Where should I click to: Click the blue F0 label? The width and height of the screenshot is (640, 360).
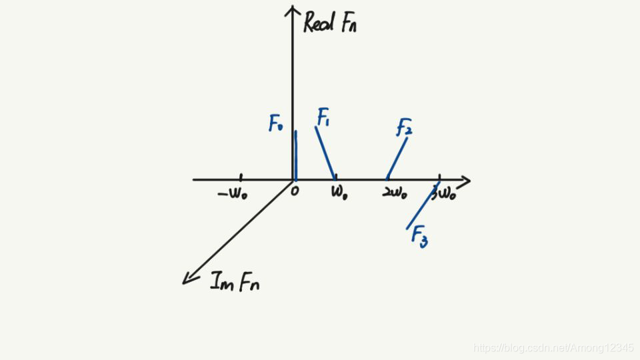coord(276,123)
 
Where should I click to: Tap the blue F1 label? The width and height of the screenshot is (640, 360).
coord(323,118)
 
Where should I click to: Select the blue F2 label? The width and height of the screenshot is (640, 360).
coord(404,127)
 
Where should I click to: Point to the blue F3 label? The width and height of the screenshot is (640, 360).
coord(419,235)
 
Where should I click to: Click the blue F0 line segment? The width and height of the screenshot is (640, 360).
coord(295,155)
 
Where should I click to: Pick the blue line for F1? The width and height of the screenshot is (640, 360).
coord(325,153)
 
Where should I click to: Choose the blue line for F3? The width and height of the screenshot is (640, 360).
coord(423,205)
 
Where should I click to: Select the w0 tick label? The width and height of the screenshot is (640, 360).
coord(339,194)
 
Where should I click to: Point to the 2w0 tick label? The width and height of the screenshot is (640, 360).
coord(395,194)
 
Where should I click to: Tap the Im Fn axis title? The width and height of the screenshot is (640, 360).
coord(235,283)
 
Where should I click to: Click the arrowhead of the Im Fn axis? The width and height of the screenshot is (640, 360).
coord(187,279)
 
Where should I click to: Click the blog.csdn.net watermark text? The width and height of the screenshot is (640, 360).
coord(553,347)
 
